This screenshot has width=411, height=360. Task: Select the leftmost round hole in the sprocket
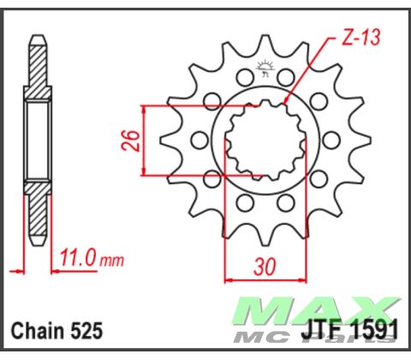pyautogui.click(x=199, y=140)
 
